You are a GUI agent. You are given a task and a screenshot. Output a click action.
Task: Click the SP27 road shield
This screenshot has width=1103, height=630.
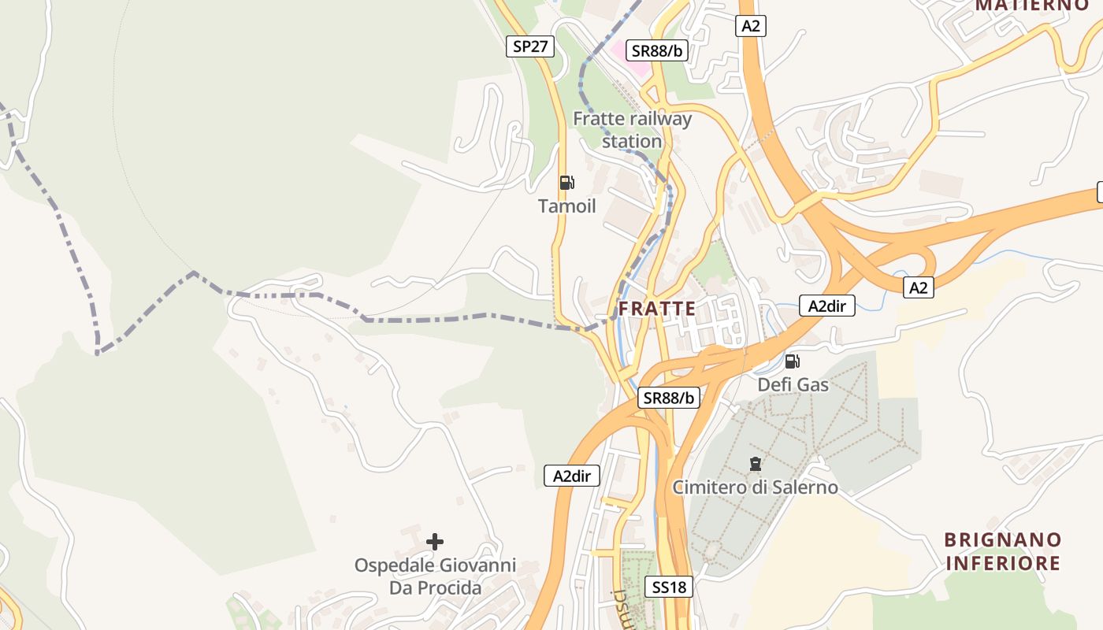[x=530, y=46]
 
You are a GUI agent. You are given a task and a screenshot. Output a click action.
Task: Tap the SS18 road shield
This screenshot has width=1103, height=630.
[x=669, y=587]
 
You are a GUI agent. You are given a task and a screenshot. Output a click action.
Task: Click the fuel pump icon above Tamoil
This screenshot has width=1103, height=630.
[x=566, y=183]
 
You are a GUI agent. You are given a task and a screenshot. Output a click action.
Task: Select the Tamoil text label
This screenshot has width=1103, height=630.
[x=566, y=206]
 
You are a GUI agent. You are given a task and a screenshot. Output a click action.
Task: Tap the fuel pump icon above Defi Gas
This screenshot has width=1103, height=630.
[x=792, y=361]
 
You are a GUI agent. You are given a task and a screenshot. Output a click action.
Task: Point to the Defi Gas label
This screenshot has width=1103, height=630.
[x=793, y=384]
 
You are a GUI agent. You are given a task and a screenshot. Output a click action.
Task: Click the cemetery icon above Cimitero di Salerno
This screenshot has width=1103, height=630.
[x=756, y=464]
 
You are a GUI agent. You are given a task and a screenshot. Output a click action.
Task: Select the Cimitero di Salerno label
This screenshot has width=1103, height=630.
[x=755, y=487]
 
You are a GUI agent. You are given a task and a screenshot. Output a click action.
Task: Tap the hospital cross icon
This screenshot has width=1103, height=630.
[x=434, y=541]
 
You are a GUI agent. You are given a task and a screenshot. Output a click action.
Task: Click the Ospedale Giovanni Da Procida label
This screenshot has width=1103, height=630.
[x=435, y=576]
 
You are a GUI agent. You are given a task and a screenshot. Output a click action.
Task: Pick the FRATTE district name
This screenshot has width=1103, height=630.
[x=657, y=309]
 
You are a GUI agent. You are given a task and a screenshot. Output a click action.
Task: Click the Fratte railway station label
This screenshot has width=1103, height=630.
[x=632, y=130]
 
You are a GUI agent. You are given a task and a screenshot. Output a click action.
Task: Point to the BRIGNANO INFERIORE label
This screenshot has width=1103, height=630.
[x=1003, y=551]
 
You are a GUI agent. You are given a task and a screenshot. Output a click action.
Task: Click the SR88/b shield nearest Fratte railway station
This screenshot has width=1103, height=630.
[x=657, y=51]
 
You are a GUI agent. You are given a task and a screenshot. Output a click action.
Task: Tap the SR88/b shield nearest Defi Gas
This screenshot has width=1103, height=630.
[x=669, y=398]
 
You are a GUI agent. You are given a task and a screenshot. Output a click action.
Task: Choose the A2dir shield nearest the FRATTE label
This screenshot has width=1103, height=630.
[x=827, y=306]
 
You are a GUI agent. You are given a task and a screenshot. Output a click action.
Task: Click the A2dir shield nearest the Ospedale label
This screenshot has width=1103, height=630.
[x=572, y=476]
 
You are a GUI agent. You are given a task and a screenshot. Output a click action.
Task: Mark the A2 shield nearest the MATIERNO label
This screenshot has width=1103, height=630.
[x=751, y=26]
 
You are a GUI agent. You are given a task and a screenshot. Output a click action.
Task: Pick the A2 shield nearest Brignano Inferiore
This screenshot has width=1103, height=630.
[x=918, y=287]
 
